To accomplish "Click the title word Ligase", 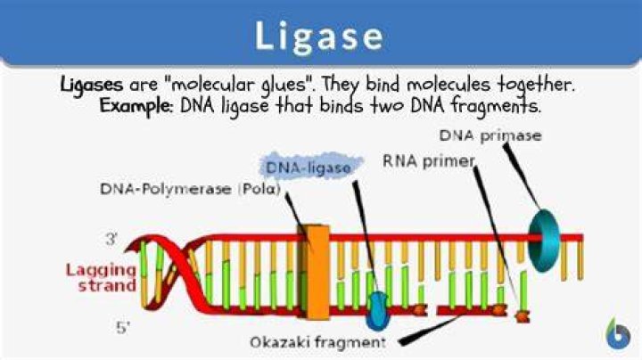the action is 319,37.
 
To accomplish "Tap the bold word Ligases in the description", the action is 92,85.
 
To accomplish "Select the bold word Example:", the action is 136,106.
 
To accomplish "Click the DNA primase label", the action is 490,135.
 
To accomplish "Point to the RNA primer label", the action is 429,161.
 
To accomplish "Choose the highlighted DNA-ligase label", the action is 309,168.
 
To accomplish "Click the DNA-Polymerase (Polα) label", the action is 191,189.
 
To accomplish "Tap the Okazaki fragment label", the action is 317,342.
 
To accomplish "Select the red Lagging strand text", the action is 101,278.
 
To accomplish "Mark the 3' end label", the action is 111,239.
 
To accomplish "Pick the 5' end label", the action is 122,327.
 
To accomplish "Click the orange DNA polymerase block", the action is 316,272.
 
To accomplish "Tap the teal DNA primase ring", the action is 544,241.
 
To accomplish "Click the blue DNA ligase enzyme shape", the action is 377,311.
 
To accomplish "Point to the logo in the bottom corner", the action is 617,333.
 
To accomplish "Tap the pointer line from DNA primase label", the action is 522,175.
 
